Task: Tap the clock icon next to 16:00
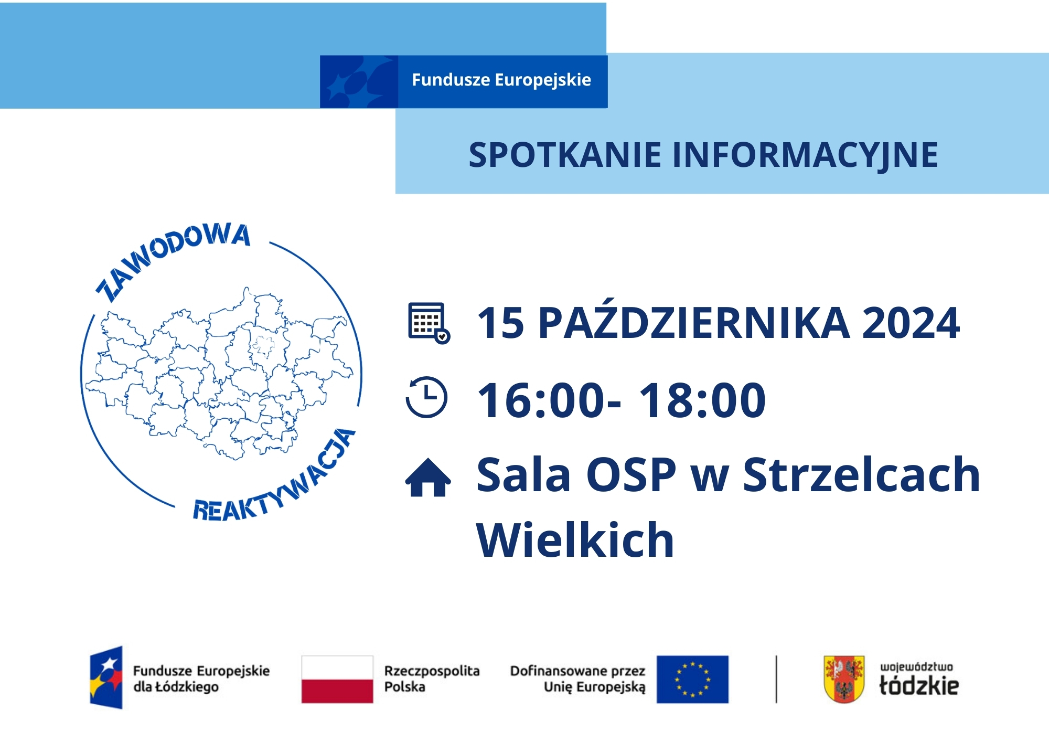pos(427,397)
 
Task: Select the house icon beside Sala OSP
pos(428,477)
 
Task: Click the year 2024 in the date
pos(911,323)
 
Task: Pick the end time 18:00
pos(702,400)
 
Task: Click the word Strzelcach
pos(861,474)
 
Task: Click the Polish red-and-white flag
pos(337,679)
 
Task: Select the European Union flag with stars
pos(692,679)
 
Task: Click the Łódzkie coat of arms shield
pos(844,679)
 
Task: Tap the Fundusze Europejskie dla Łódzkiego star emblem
pos(106,677)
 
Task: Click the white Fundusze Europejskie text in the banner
pos(501,80)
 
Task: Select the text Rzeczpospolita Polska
pos(432,679)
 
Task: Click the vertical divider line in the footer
pos(776,679)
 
